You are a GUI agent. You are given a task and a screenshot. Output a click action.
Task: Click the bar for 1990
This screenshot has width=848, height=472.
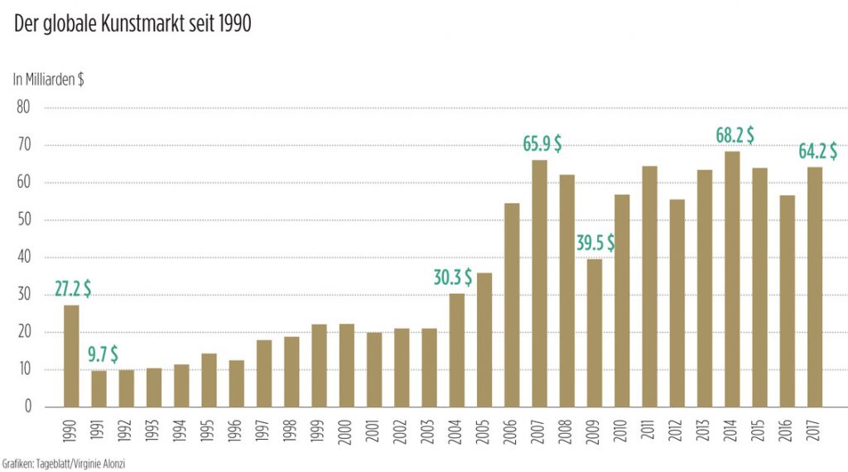click(71, 356)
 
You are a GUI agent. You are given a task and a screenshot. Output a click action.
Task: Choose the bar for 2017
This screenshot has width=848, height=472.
click(814, 287)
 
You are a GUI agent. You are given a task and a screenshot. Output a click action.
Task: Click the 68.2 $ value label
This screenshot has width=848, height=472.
click(735, 135)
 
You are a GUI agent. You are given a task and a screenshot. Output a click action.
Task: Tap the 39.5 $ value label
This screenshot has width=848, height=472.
click(595, 243)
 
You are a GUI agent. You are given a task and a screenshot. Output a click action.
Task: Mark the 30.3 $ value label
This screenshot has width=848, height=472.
click(452, 277)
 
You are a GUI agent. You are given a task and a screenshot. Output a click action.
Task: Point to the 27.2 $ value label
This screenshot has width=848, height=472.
click(73, 289)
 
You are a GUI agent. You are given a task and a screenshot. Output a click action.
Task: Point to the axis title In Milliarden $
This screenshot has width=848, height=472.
click(48, 80)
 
